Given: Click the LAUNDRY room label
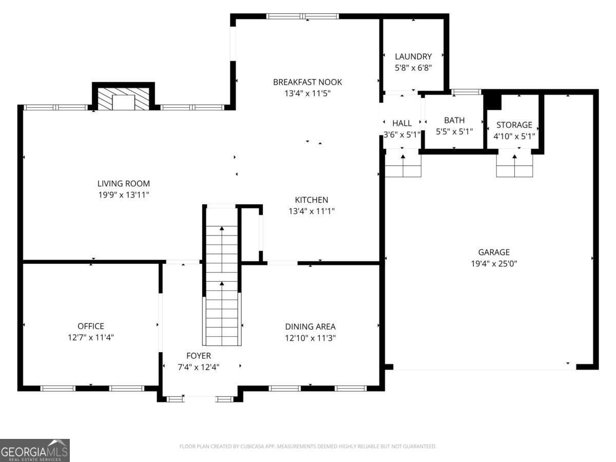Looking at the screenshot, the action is coord(413,56).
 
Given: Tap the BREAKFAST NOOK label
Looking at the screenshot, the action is coord(307,82).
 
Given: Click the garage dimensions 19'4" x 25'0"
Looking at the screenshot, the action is coord(494,264).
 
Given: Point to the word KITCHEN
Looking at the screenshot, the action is coord(311,200).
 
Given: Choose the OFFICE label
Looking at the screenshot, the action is coord(91,326).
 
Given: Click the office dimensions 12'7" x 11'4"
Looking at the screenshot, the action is coord(91,337).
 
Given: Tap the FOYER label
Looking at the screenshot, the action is coord(199,356).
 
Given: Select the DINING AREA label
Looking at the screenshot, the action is coord(310,326).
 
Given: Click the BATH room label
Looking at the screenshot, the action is coord(454,120).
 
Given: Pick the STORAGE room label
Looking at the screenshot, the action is coord(514,125).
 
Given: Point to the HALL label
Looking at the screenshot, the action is coord(402,123).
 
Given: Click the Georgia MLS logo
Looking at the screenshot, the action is coord(35,450).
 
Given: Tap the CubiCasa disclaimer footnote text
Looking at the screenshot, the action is coord(308,446).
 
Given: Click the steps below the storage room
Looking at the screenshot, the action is coord(514,165).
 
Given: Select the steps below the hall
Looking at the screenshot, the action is coord(403,165).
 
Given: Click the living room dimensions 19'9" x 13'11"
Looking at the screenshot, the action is coord(124,195).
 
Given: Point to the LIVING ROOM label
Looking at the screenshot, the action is coord(124,183).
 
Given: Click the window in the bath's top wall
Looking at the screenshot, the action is coord(466,92).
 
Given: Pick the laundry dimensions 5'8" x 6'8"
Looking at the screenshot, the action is coord(413,68).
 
